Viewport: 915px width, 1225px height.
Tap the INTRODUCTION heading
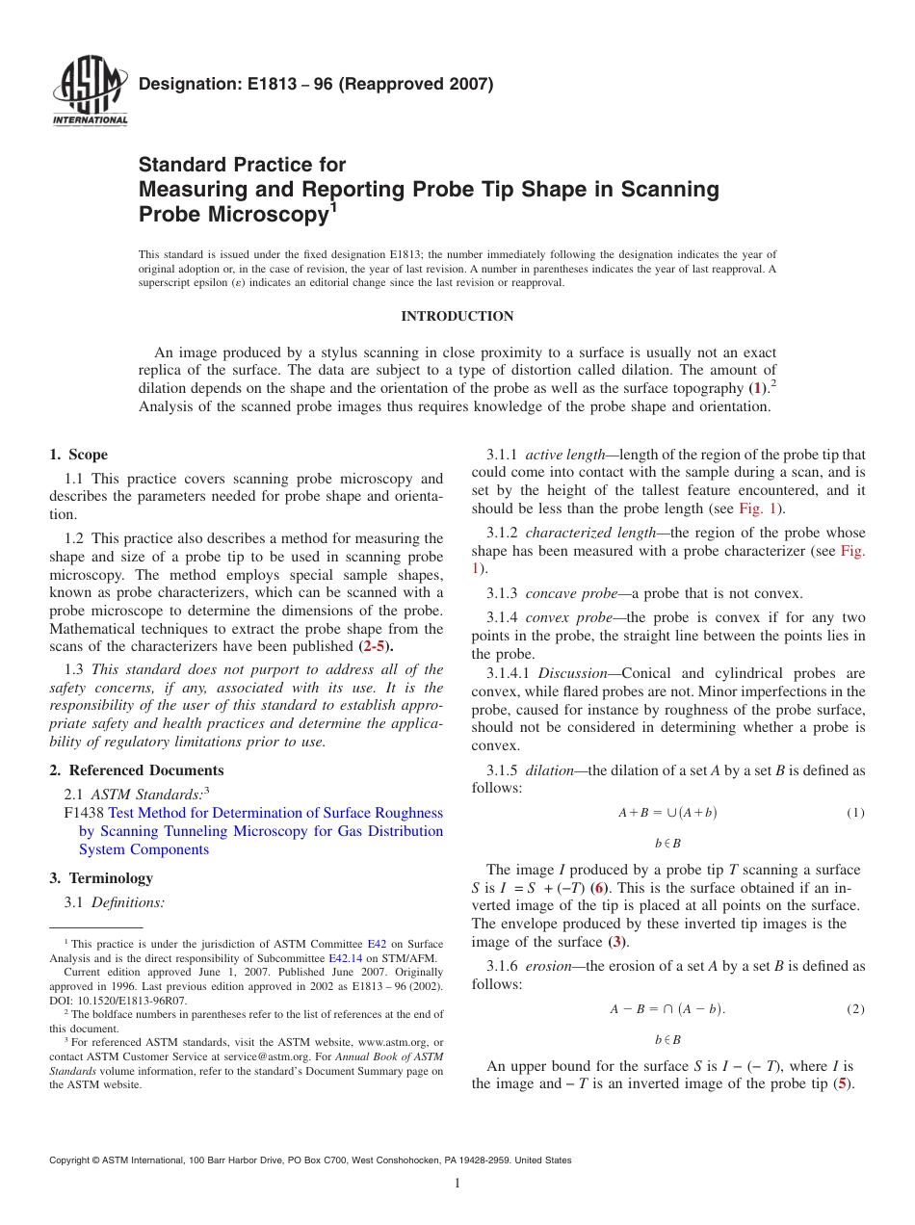[457, 317]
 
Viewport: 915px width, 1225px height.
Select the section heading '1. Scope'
[78, 455]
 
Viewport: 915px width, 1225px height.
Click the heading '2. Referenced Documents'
[136, 770]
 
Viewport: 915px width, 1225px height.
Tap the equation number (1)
[855, 813]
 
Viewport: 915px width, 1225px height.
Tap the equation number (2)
[855, 1009]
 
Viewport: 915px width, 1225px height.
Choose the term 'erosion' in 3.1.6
[547, 966]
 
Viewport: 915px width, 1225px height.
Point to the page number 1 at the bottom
[457, 1184]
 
